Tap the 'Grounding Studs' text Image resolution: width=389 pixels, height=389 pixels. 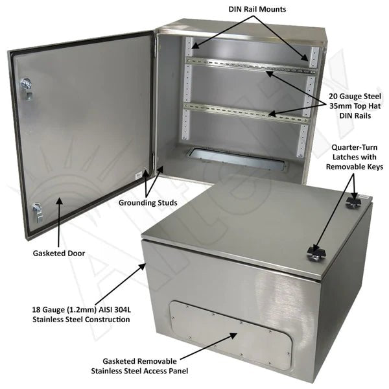[148, 203]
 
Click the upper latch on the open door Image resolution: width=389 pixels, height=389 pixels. [27, 86]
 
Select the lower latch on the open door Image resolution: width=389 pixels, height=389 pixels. [38, 210]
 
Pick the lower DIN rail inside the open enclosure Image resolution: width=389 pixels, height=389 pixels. [246, 110]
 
